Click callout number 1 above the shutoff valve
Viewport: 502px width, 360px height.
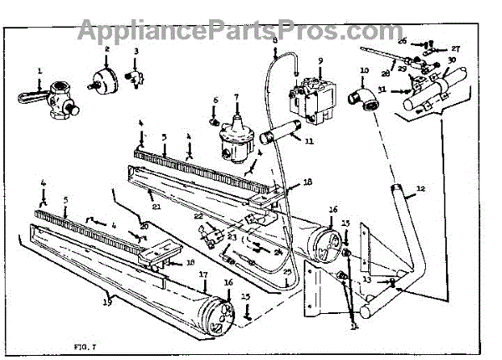tap(38, 69)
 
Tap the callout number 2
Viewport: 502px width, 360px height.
tap(107, 50)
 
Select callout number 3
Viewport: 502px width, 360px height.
tap(136, 52)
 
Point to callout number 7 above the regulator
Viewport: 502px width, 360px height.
tap(237, 98)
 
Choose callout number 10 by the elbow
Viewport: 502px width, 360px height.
tap(365, 70)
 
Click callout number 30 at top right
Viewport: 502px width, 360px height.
tap(453, 61)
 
